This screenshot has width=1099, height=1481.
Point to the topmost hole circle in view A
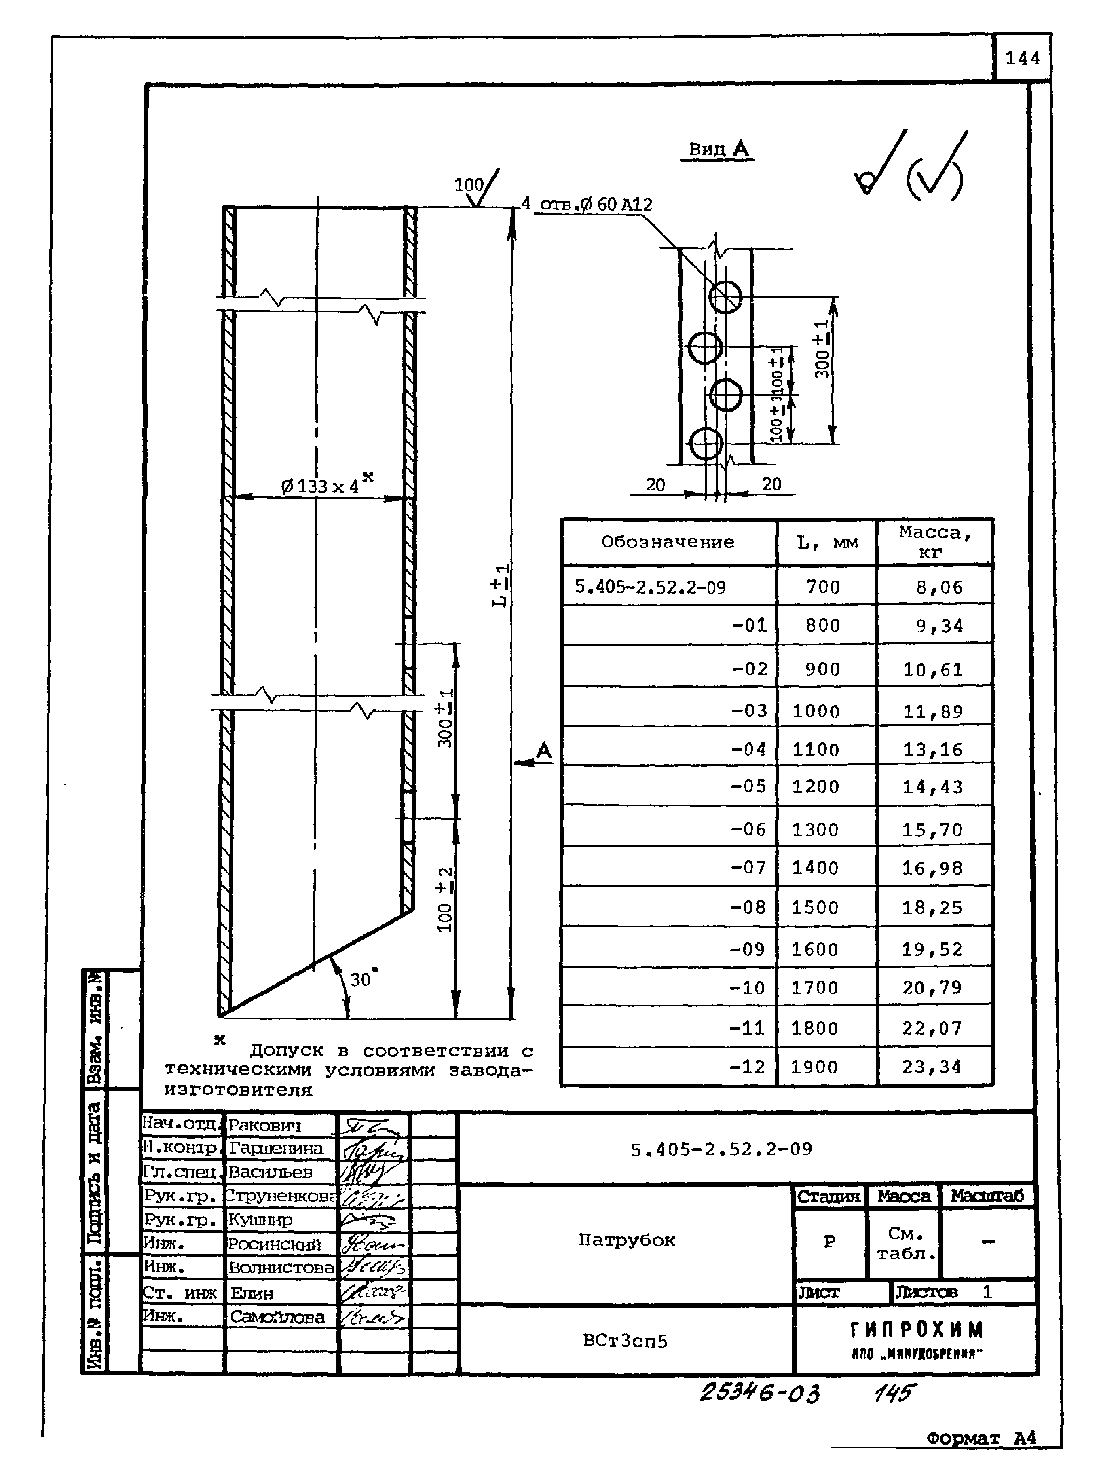coord(725,297)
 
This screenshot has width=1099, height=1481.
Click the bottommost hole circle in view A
coord(705,443)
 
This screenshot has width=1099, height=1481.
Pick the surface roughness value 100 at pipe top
coord(468,185)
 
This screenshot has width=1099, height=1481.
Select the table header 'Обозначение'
coord(668,542)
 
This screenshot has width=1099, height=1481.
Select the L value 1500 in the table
coord(815,908)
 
